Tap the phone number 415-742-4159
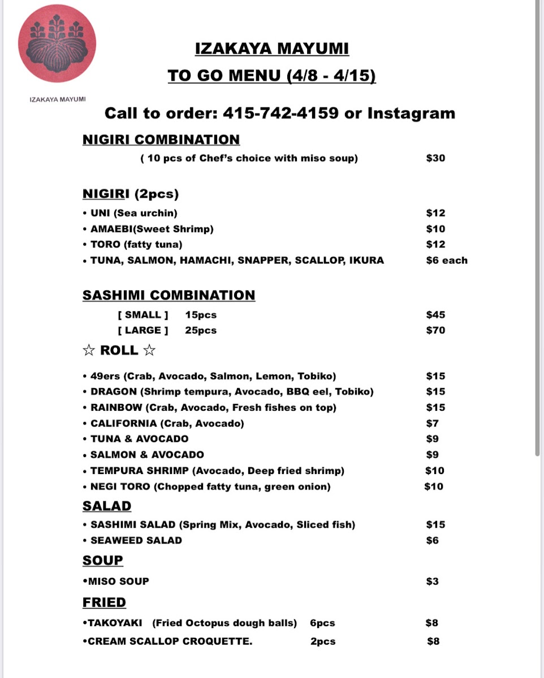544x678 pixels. click(x=280, y=114)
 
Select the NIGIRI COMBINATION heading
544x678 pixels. click(x=161, y=140)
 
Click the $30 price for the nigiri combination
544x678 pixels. click(x=435, y=158)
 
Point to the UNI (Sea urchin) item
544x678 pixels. click(x=133, y=213)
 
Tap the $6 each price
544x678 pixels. click(x=447, y=260)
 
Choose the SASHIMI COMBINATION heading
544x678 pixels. click(x=169, y=295)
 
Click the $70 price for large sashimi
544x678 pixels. click(x=435, y=331)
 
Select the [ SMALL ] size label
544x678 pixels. click(x=143, y=315)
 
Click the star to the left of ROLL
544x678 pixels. click(x=89, y=351)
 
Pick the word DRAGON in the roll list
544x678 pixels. click(x=114, y=392)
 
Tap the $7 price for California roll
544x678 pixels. click(x=433, y=423)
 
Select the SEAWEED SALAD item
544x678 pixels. click(x=136, y=540)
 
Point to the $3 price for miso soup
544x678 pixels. click(x=432, y=581)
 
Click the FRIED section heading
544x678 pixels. click(x=104, y=602)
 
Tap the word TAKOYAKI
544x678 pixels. click(x=115, y=623)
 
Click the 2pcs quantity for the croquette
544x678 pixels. click(x=323, y=641)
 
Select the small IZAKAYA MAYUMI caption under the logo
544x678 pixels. click(x=58, y=99)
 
